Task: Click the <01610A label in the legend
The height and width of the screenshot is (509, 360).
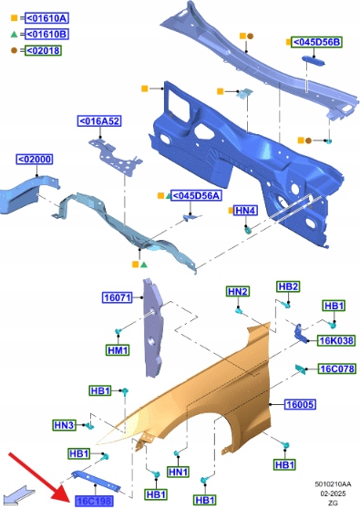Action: (46, 18)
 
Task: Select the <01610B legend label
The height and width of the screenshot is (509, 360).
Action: (46, 34)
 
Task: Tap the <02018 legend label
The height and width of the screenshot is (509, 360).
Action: (43, 51)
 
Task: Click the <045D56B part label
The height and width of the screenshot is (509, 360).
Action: (316, 42)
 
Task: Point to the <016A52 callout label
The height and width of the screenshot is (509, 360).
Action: (99, 121)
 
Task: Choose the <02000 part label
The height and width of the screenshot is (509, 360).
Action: (35, 160)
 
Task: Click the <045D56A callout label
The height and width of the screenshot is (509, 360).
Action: (196, 195)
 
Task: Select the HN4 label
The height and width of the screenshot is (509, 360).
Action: (245, 211)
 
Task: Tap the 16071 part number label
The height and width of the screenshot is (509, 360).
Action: (117, 297)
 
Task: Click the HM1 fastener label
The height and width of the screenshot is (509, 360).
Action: (118, 350)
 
